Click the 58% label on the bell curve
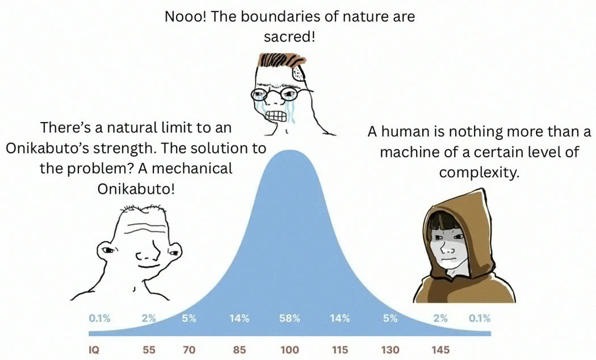(x=289, y=318)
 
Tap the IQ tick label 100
(x=289, y=350)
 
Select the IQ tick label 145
(x=440, y=350)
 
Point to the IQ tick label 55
(x=149, y=350)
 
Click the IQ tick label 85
(x=240, y=350)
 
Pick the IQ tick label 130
(x=391, y=350)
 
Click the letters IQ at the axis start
(x=94, y=350)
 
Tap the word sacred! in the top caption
(x=289, y=37)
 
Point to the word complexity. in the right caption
(x=479, y=173)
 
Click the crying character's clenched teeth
(x=276, y=116)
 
